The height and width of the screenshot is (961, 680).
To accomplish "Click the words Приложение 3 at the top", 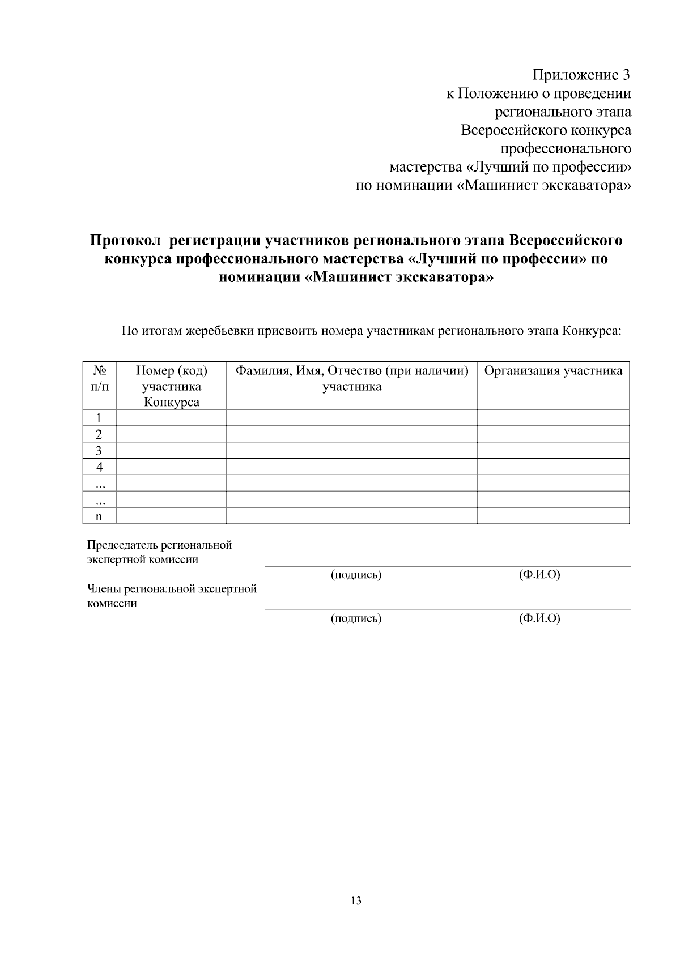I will (x=581, y=75).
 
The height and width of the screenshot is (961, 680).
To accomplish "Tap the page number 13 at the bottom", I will (x=356, y=901).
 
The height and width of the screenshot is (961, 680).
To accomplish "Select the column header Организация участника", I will (x=553, y=371).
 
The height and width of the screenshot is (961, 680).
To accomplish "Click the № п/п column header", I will (x=100, y=379).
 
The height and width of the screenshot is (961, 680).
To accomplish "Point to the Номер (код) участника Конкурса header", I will (x=172, y=387).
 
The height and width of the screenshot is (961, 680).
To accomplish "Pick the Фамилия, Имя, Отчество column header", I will (x=352, y=378).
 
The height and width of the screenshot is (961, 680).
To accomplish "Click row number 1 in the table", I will (x=99, y=418).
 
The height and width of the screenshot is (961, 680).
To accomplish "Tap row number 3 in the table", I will (x=99, y=451).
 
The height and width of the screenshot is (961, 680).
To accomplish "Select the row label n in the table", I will (x=99, y=516).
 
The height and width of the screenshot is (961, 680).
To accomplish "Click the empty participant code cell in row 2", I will (x=172, y=434).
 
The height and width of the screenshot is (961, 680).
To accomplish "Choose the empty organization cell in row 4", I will (x=553, y=467).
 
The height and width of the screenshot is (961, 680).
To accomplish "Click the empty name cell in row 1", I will (x=352, y=418).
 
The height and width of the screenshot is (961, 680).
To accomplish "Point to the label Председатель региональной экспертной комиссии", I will (x=159, y=552).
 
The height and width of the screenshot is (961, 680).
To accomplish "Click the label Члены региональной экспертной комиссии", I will (x=171, y=596).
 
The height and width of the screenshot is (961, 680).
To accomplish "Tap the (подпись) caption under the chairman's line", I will (x=356, y=575).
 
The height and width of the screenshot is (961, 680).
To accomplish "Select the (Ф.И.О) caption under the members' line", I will (x=539, y=618).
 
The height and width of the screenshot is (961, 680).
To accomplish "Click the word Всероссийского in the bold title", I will (x=566, y=241).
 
